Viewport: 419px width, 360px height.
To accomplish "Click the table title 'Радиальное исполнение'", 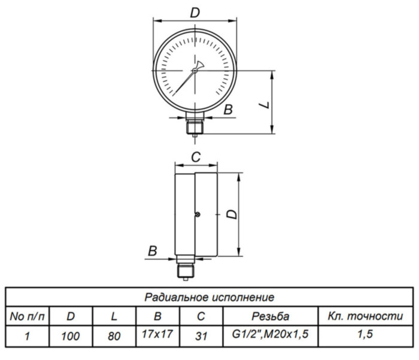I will click(209, 297).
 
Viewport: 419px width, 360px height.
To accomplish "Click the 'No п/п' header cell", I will click(26, 316).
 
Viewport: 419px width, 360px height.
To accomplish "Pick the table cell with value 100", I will click(71, 335).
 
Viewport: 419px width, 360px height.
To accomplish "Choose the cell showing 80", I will click(113, 335).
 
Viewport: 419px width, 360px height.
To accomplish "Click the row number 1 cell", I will click(26, 335).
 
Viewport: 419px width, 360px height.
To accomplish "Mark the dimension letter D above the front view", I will click(195, 12).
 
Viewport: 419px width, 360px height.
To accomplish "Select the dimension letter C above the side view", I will click(195, 157).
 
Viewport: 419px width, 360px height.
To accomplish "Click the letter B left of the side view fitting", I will click(153, 250).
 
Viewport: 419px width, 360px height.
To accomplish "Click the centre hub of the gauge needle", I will click(195, 71).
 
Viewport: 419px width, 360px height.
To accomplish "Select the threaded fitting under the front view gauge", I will click(195, 126).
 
